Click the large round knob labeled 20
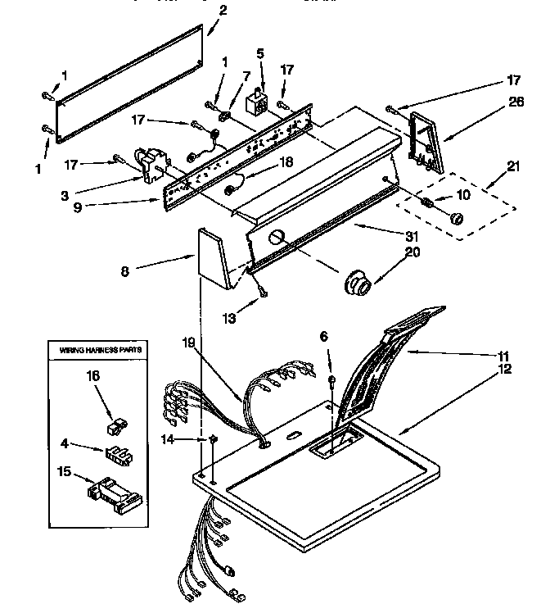tap(358, 284)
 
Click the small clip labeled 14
tap(212, 439)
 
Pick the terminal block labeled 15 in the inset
tap(113, 493)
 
